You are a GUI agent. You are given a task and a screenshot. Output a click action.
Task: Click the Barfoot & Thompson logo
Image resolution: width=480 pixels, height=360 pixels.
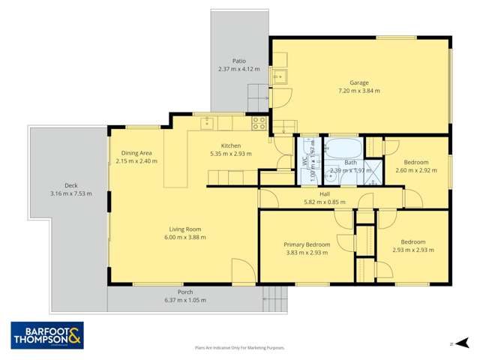pyautogui.click(x=47, y=335)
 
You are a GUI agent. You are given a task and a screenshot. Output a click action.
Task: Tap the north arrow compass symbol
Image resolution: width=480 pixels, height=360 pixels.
pyautogui.click(x=452, y=344)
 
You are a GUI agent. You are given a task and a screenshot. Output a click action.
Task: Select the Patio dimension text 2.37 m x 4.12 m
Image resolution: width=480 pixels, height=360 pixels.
pyautogui.click(x=238, y=69)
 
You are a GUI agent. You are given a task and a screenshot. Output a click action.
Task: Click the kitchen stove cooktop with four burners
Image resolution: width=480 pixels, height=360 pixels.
pyautogui.click(x=259, y=122)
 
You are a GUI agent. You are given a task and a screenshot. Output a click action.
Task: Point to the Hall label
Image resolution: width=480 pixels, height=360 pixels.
pyautogui.click(x=325, y=193)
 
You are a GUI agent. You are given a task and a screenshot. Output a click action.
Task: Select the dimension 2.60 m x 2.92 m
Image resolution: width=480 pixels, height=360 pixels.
pyautogui.click(x=415, y=170)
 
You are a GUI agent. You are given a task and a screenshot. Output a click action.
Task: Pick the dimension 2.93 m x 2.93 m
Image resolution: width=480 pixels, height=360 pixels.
pyautogui.click(x=412, y=250)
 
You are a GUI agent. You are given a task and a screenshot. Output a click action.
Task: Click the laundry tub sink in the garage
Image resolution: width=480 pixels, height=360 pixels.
pyautogui.click(x=279, y=76)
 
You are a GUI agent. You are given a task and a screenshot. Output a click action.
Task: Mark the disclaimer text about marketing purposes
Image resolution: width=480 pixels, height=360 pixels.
pyautogui.click(x=240, y=348)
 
